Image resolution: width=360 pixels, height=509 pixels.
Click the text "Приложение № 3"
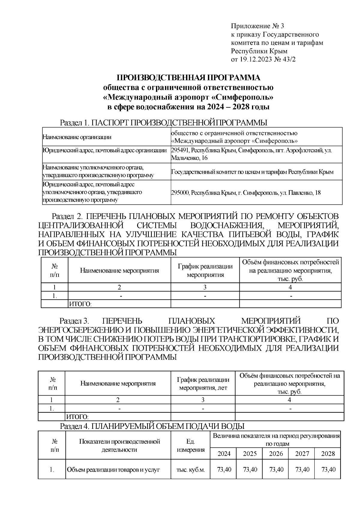[x=257, y=26]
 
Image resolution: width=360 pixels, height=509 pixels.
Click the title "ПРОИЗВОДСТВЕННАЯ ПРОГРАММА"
[x=188, y=78]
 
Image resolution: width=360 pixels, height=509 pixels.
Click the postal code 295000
[x=180, y=193]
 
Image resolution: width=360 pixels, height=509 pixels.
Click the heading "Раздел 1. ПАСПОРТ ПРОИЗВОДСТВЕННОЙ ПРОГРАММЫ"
[x=163, y=123]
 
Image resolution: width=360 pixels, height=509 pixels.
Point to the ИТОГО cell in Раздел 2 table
[x=80, y=304]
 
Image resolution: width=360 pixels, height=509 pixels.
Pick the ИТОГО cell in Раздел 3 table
[x=77, y=417]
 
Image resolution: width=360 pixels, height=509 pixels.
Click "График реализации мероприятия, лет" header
[x=203, y=384]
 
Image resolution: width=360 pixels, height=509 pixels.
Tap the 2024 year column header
[x=224, y=454]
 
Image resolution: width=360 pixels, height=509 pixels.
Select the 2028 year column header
[x=328, y=454]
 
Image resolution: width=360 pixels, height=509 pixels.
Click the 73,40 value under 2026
[x=276, y=469]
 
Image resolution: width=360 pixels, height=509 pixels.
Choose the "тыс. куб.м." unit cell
[x=191, y=470]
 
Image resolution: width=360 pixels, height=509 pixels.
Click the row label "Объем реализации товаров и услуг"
[x=113, y=470]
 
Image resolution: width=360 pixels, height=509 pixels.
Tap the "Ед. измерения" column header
[x=191, y=446]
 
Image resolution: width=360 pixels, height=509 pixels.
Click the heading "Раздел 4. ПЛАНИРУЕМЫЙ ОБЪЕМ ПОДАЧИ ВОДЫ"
[x=152, y=426]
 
